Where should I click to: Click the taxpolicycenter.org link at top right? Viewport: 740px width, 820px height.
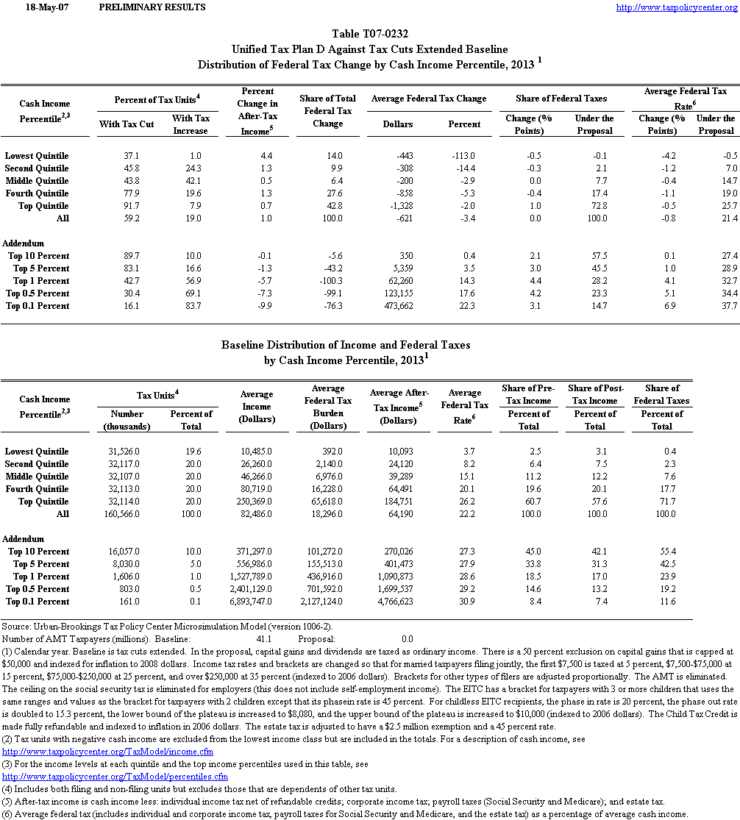pyautogui.click(x=675, y=7)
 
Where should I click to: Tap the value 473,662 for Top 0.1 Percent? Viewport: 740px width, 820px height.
pyautogui.click(x=396, y=306)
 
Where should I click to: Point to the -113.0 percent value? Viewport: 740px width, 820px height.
pyautogui.click(x=464, y=156)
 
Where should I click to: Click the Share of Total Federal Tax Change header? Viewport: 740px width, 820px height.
pyautogui.click(x=327, y=111)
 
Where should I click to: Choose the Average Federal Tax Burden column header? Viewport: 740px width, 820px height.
pyautogui.click(x=327, y=407)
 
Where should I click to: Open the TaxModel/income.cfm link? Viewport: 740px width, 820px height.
pyautogui.click(x=108, y=752)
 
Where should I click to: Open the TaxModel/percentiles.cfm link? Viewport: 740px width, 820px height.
pyautogui.click(x=115, y=777)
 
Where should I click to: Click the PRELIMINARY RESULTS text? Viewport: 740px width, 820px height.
pyautogui.click(x=152, y=7)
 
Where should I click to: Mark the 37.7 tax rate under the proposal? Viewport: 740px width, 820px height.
pyautogui.click(x=727, y=306)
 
